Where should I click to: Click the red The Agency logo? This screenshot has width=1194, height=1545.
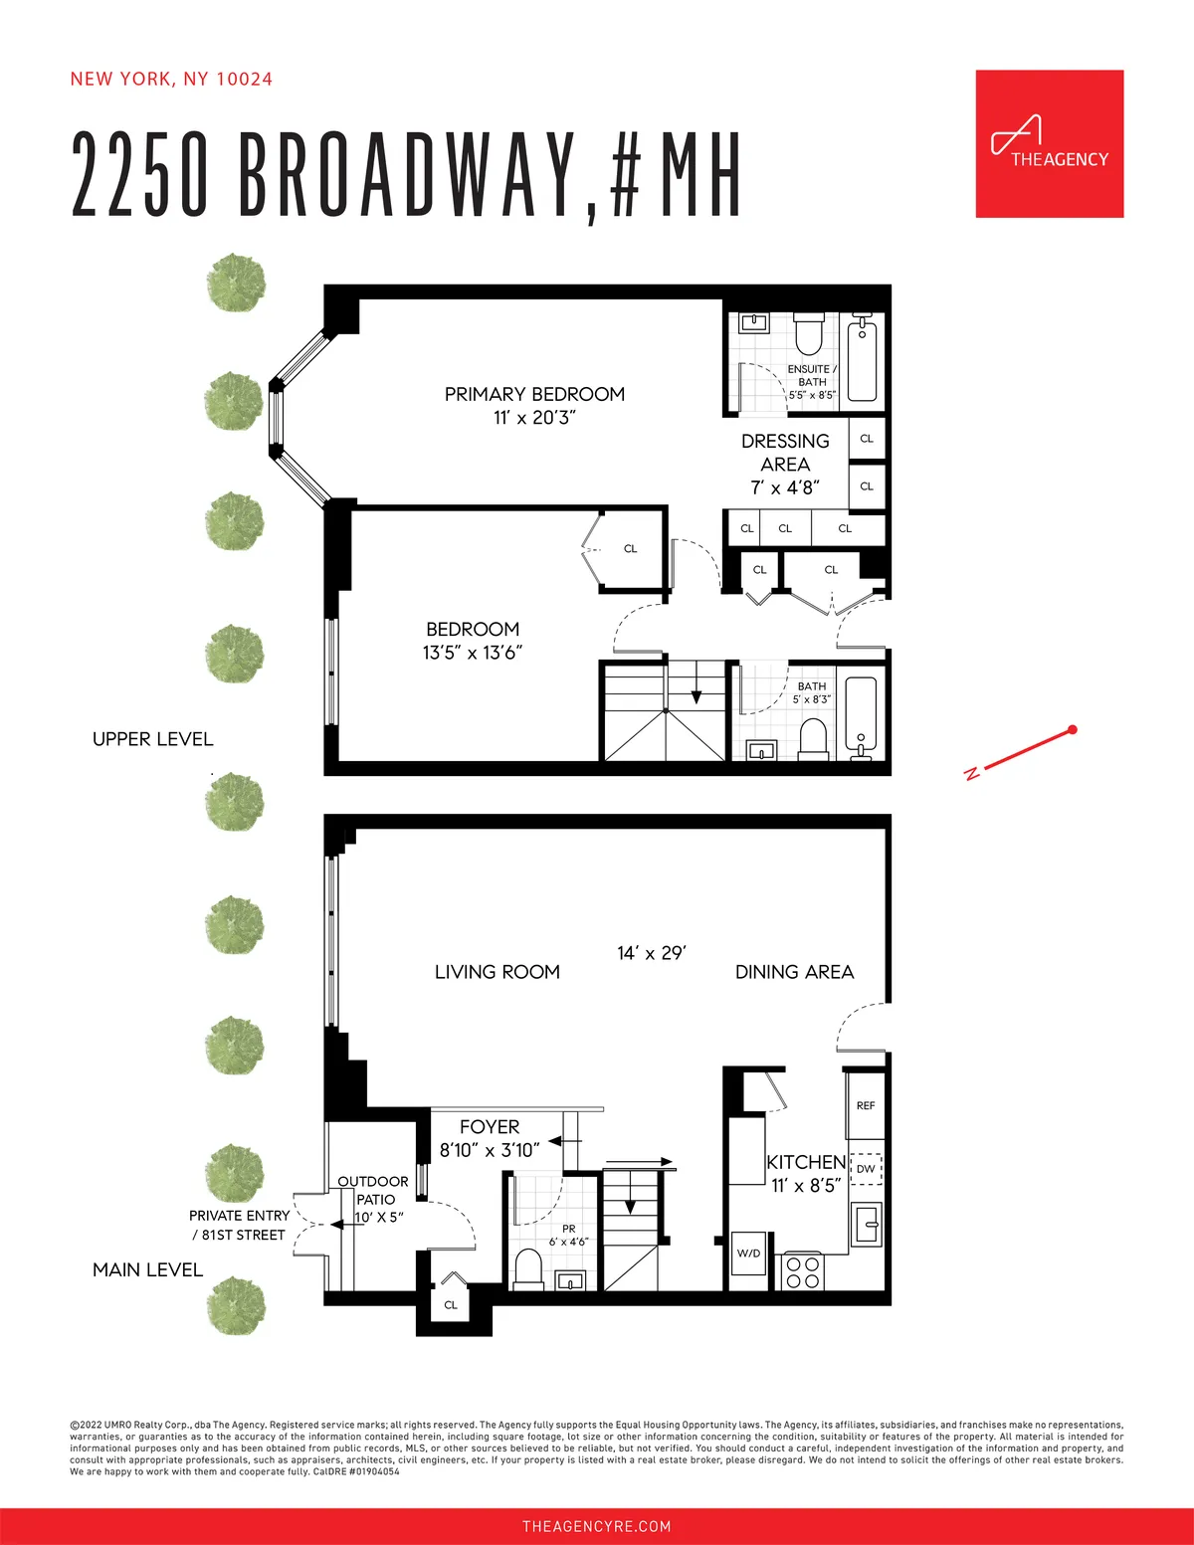pos(1049,143)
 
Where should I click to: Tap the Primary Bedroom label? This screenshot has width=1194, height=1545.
pos(534,394)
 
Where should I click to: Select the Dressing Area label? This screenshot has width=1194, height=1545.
pos(785,453)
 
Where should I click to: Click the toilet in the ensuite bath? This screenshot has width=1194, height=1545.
pos(807,335)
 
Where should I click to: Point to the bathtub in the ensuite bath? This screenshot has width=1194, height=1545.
pos(862,357)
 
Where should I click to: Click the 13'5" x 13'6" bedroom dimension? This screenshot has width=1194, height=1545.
pos(473,653)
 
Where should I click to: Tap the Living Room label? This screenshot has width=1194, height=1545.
pos(497,972)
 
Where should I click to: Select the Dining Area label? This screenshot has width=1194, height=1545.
pos(794,972)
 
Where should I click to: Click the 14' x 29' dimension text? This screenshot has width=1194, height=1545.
pos(652,953)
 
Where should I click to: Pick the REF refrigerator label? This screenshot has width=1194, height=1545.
pos(866,1105)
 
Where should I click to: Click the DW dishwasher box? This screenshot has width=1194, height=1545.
pos(866,1168)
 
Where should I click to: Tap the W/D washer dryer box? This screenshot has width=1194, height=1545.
pos(748,1254)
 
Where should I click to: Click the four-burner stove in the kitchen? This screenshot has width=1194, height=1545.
pos(802,1272)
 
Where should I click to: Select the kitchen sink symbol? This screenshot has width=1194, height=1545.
pos(867,1223)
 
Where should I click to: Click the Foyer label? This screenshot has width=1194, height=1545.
pos(490,1127)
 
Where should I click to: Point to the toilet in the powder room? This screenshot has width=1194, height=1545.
pos(527,1269)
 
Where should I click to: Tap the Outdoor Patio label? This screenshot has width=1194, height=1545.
pos(373,1190)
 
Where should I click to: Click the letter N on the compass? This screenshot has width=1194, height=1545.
pos(970,773)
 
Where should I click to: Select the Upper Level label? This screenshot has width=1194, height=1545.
pos(152,739)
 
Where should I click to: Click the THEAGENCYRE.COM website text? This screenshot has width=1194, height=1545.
pos(597,1526)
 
